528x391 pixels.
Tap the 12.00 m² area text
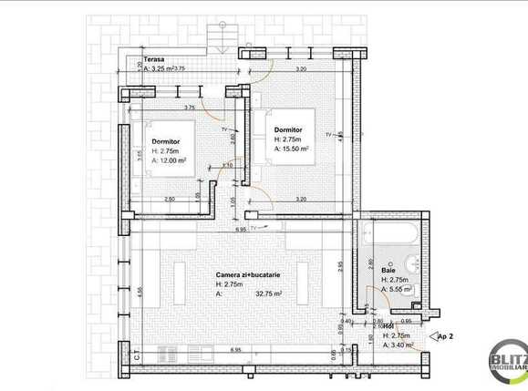(x=172, y=159)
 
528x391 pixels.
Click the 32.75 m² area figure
(x=268, y=293)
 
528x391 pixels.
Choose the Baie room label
(x=388, y=271)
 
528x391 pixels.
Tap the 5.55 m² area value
(x=400, y=289)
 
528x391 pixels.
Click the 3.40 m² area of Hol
(x=401, y=345)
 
